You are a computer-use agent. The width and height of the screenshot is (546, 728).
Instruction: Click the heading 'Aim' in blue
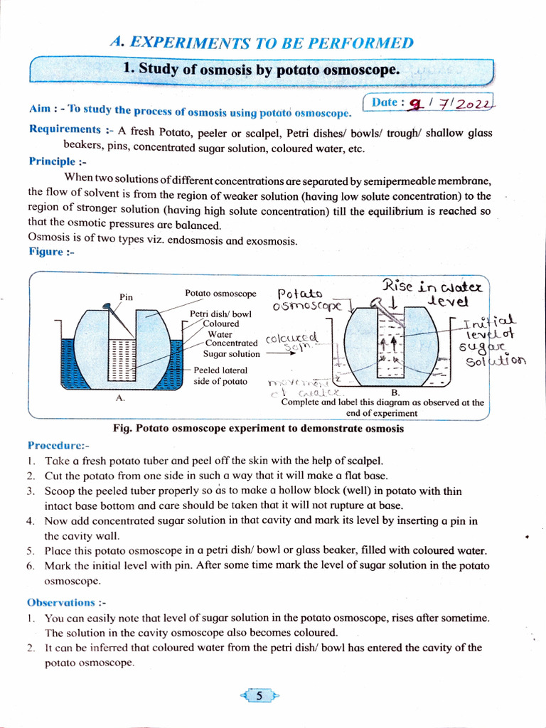click(39, 109)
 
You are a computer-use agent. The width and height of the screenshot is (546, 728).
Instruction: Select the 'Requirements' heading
click(65, 129)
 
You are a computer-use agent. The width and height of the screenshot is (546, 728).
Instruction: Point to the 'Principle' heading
click(52, 161)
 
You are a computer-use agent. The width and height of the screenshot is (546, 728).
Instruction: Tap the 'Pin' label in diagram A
click(127, 296)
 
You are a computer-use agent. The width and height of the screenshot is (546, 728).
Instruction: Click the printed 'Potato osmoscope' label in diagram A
click(220, 293)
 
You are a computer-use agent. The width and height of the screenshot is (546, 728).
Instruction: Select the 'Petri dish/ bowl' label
click(220, 314)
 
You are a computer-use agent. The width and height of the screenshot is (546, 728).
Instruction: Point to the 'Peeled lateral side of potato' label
click(220, 375)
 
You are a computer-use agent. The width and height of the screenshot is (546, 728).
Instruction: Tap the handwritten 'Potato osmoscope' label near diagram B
click(307, 299)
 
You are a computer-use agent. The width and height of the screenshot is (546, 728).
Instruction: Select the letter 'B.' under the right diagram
click(396, 392)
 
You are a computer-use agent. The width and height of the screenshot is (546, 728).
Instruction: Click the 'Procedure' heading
click(58, 445)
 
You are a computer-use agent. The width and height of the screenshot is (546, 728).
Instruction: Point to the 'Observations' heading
click(67, 602)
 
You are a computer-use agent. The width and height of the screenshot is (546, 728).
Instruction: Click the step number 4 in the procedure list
click(30, 520)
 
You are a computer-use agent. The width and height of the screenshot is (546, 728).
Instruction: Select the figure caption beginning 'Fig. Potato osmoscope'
click(258, 429)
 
